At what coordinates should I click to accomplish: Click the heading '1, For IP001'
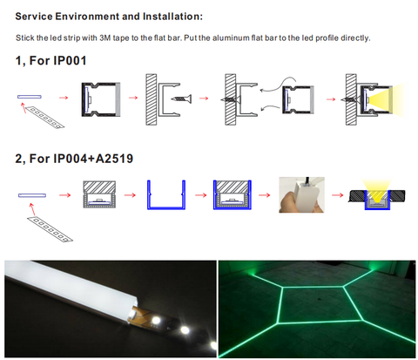(x=51, y=60)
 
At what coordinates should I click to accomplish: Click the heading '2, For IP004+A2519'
(x=74, y=159)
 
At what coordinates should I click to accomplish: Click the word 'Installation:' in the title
(x=172, y=17)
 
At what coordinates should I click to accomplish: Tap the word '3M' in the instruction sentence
(x=104, y=38)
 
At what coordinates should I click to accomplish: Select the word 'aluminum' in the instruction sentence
(x=226, y=38)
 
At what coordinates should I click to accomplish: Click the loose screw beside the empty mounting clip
(x=181, y=98)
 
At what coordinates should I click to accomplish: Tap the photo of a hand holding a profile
(x=301, y=194)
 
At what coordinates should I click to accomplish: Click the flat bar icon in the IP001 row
(x=30, y=97)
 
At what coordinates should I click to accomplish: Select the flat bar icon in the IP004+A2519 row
(x=32, y=195)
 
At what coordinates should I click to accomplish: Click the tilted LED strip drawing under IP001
(x=44, y=117)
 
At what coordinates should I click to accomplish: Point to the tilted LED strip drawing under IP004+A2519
(x=50, y=229)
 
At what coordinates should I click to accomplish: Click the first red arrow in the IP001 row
(x=64, y=98)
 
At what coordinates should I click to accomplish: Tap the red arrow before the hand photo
(x=264, y=195)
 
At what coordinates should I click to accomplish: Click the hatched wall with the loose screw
(x=152, y=99)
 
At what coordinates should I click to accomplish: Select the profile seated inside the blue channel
(x=233, y=194)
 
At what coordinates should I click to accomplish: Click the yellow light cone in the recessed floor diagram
(x=377, y=190)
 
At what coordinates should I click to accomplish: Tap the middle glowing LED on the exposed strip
(x=184, y=329)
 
